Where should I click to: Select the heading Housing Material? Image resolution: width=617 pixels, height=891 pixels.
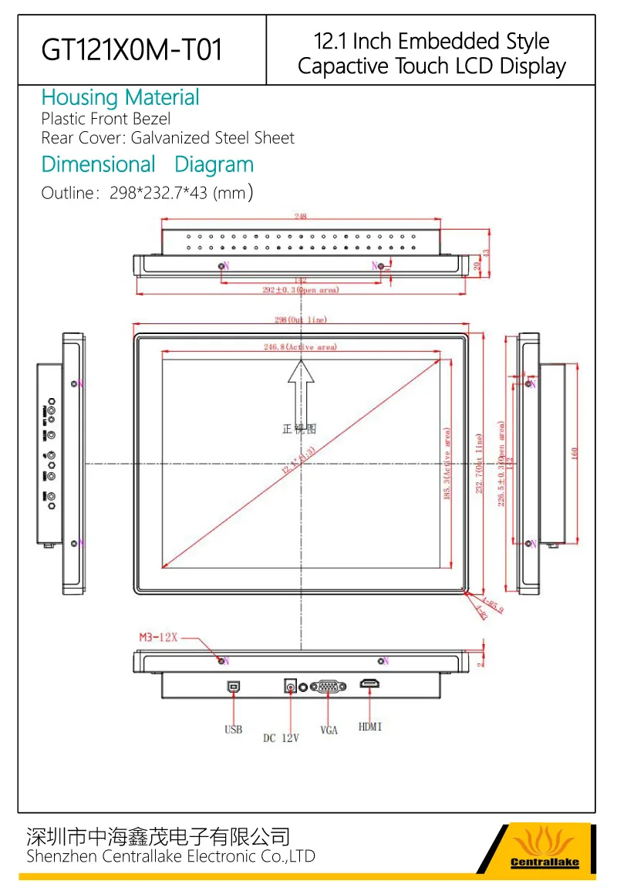coord(120,98)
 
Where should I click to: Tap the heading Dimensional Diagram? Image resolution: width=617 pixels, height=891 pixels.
coord(147,164)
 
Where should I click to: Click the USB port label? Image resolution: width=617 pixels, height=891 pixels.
coord(234,729)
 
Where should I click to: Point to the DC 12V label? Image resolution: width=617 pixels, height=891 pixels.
coord(280,738)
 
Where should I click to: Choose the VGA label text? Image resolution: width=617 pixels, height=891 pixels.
coord(329,730)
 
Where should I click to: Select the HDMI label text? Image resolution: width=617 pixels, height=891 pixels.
coord(370,727)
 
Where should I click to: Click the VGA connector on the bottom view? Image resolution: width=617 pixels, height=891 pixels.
coord(328,685)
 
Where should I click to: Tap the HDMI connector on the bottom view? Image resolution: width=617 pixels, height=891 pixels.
coord(370,684)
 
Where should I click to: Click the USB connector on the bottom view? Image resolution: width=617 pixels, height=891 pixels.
coord(234,684)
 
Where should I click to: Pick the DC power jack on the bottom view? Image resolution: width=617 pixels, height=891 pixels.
coord(291,685)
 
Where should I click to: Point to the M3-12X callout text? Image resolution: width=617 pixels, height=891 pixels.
coord(158,637)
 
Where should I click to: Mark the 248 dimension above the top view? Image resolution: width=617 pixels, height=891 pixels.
coord(302,217)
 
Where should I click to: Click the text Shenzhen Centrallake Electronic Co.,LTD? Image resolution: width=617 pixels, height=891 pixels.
coord(170,856)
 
